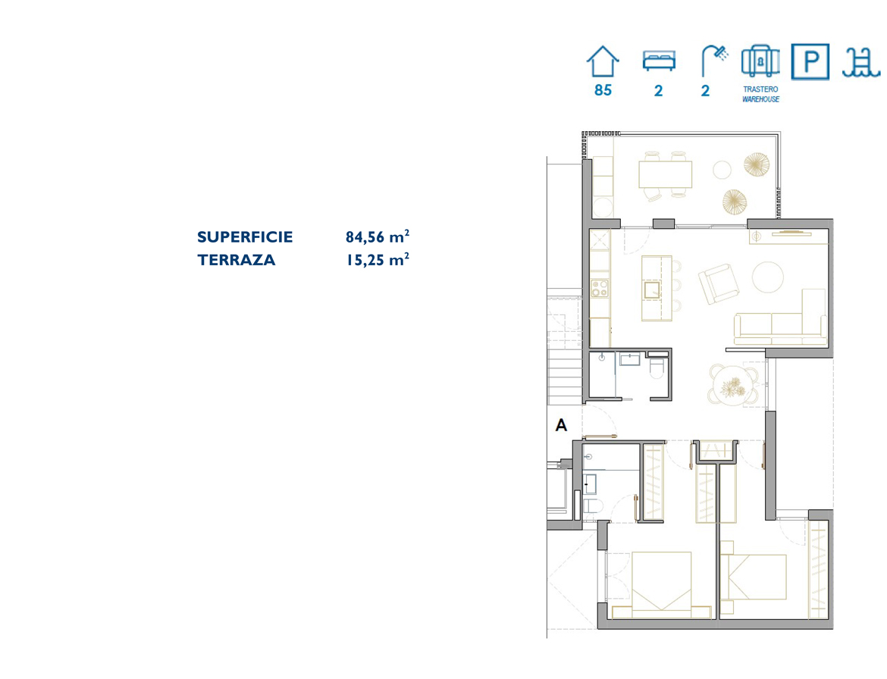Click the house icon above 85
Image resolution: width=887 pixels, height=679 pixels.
603,61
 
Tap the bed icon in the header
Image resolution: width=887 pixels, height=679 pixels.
659,61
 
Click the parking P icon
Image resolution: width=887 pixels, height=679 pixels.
810,61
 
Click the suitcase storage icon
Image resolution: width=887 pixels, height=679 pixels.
760,61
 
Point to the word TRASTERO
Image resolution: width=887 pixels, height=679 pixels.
760,89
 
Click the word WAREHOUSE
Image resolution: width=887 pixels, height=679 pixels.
760,99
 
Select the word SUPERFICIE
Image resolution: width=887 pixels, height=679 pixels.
245,237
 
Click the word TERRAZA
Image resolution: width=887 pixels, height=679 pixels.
237,260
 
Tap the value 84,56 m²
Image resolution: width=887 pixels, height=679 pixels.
378,236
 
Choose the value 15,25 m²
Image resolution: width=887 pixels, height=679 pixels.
378,259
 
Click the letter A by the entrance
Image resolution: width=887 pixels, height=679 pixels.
561,424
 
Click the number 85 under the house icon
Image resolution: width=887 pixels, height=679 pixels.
603,90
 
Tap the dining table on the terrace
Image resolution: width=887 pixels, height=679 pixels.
666,174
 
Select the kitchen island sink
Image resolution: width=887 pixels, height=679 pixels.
652,289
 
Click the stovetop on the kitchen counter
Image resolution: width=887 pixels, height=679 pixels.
600,288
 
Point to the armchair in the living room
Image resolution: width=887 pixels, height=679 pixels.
719,284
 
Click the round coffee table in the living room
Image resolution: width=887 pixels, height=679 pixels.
768,277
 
